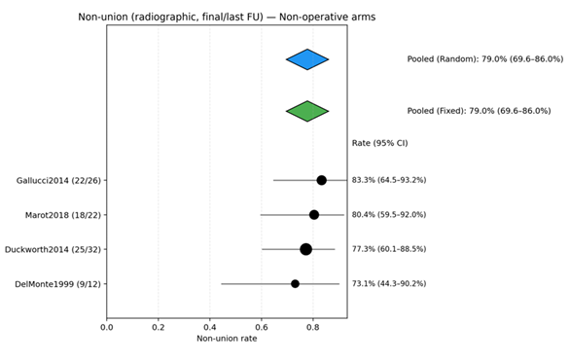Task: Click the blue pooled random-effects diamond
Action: (x=307, y=59)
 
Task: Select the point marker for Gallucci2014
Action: (x=321, y=180)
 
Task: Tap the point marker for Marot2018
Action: (x=314, y=214)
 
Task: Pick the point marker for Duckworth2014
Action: (x=305, y=249)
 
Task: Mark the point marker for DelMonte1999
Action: (x=295, y=283)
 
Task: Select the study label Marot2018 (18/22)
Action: (x=63, y=214)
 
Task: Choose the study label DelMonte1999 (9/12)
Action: (x=56, y=283)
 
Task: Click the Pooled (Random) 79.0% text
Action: (x=484, y=59)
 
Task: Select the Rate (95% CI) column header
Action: (x=379, y=143)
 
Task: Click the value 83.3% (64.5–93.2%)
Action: (x=389, y=180)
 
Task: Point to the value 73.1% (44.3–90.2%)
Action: (x=389, y=283)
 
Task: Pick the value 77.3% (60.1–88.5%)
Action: (x=389, y=249)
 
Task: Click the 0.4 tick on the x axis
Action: (x=209, y=327)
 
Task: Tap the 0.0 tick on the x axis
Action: (x=107, y=327)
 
